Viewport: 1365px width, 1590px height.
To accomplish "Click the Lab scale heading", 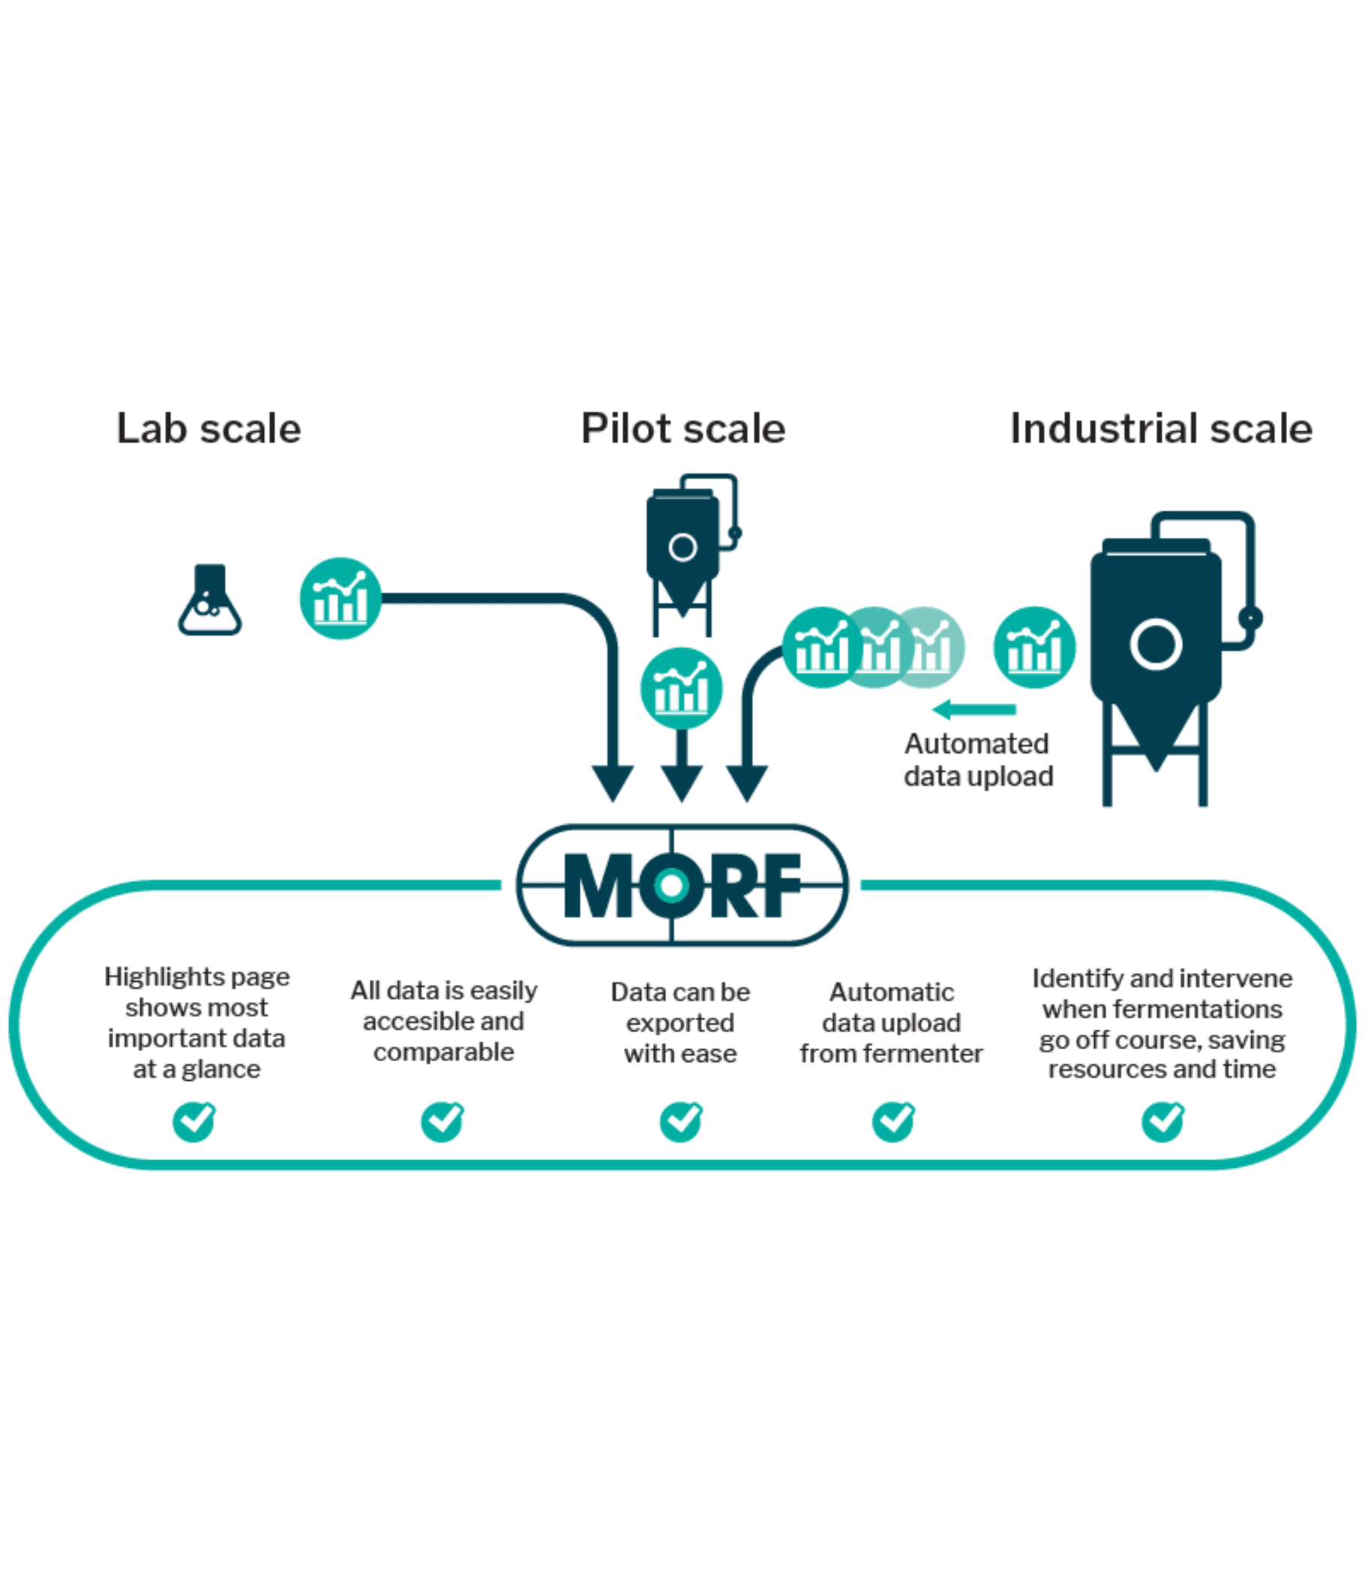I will tap(208, 428).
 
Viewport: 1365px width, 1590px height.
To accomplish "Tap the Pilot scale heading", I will tap(683, 428).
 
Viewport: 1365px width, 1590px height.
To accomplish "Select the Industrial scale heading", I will tap(1160, 428).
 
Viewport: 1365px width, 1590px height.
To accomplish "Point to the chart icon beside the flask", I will tap(340, 598).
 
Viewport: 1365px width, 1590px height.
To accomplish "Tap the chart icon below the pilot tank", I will tap(681, 688).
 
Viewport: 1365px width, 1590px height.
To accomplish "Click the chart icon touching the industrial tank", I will tap(1034, 647).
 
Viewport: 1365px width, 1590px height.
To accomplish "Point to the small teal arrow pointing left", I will tap(974, 709).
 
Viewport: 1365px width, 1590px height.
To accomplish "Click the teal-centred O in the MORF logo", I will tap(671, 885).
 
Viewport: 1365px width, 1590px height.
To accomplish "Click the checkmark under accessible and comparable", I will tap(442, 1121).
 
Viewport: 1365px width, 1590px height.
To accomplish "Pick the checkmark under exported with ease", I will tap(680, 1121).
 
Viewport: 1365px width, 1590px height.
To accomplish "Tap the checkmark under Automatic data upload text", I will tap(894, 1121).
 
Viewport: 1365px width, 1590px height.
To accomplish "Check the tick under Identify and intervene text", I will tap(1163, 1121).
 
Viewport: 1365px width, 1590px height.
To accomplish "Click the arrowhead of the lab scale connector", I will tap(612, 783).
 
